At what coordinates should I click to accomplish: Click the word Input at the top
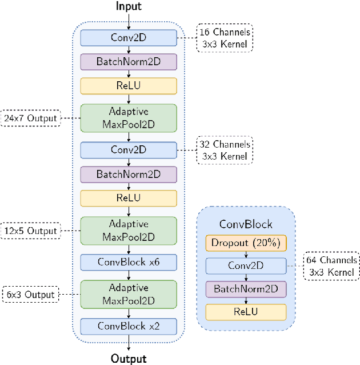click(129, 7)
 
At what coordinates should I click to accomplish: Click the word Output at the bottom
click(129, 359)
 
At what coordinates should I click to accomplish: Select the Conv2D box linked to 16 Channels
click(129, 38)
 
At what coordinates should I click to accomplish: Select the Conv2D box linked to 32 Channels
click(129, 150)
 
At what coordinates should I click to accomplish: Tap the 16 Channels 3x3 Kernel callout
click(225, 38)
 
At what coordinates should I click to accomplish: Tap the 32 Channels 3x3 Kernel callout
click(225, 150)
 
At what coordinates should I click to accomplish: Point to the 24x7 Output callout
click(31, 118)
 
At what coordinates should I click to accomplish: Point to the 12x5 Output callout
click(31, 231)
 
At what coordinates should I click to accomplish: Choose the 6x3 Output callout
click(32, 295)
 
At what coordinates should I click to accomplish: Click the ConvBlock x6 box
click(129, 263)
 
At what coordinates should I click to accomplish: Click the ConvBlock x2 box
click(129, 327)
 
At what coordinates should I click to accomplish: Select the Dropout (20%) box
click(246, 243)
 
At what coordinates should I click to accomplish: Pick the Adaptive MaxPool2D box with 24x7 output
click(129, 118)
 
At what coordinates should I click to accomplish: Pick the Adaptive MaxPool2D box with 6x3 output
click(129, 295)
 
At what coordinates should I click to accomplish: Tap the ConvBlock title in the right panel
click(246, 224)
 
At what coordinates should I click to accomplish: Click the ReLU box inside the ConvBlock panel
click(246, 312)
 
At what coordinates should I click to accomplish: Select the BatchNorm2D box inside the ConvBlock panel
click(246, 289)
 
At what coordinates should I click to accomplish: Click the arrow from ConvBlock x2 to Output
click(129, 342)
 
